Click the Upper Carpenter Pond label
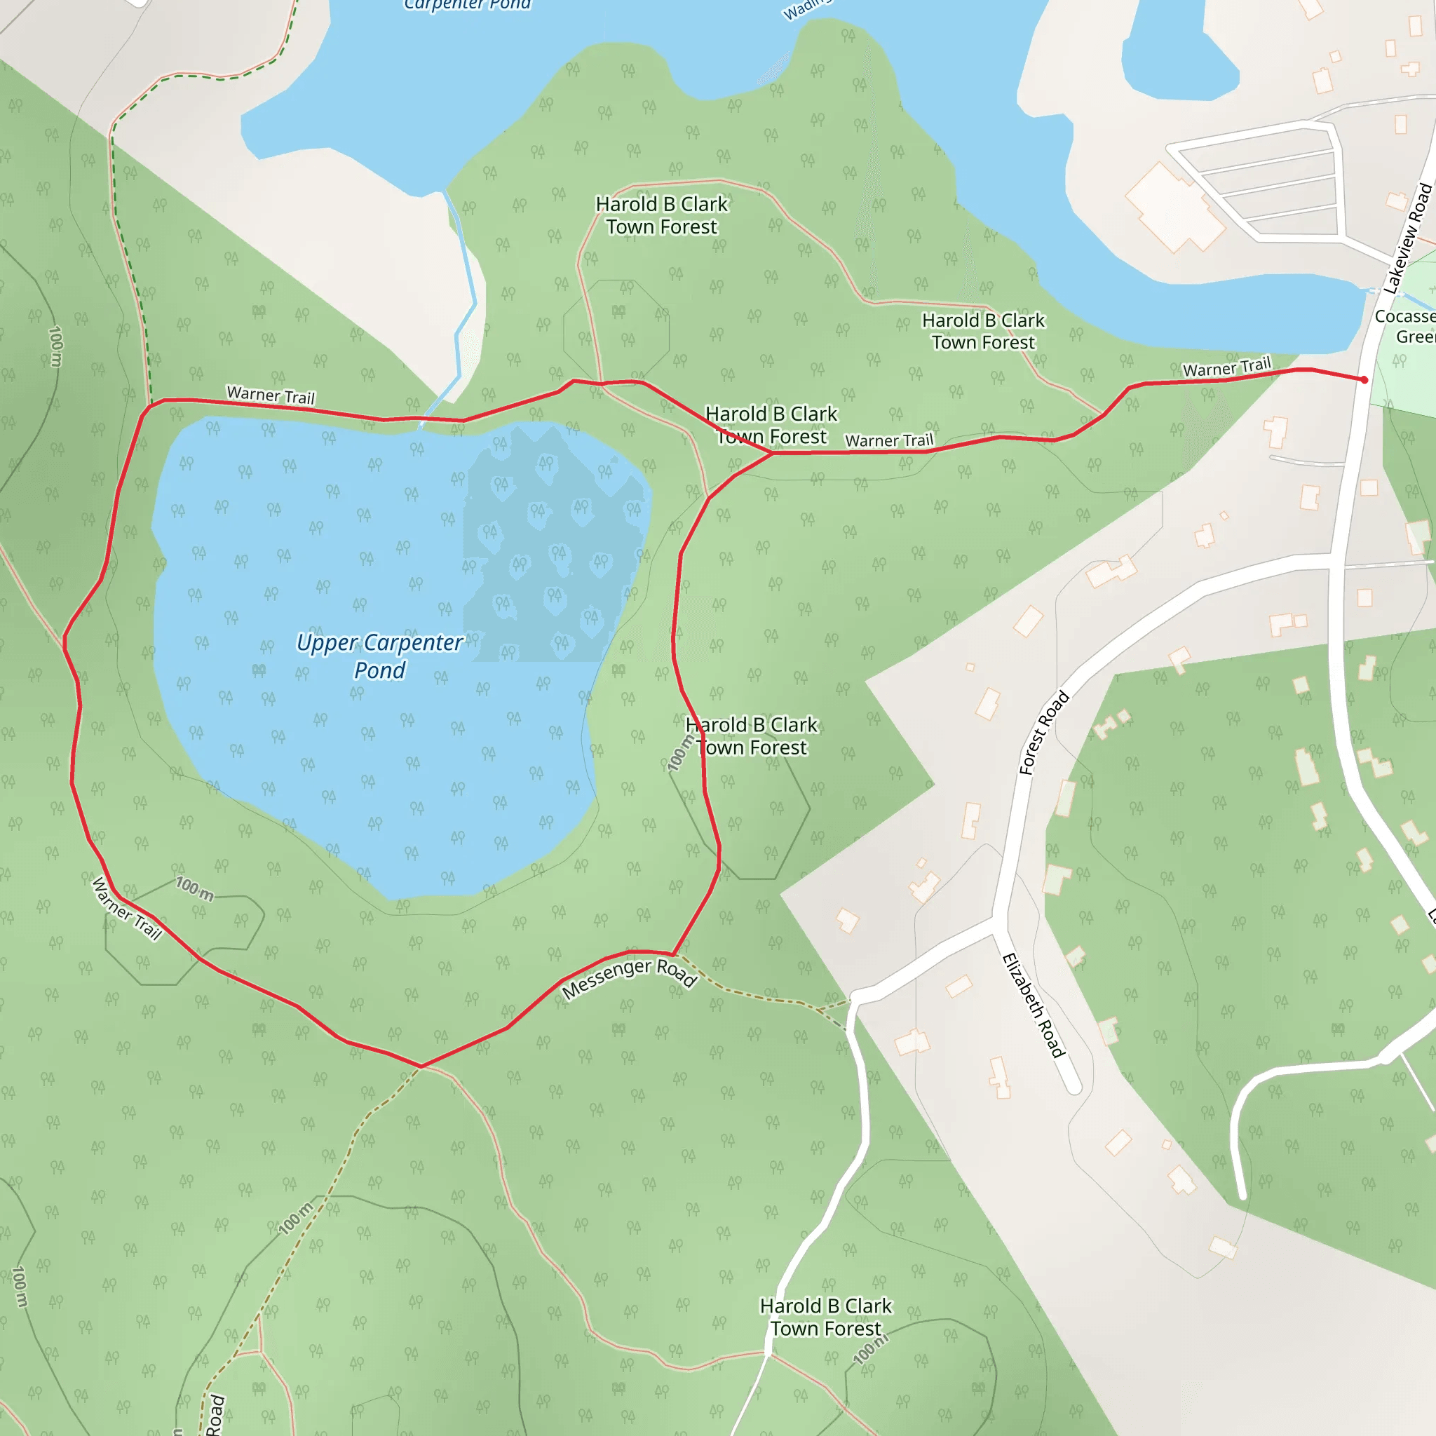[x=379, y=656]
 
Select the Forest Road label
[x=1043, y=733]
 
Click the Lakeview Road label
[x=1407, y=238]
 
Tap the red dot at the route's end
[x=1364, y=380]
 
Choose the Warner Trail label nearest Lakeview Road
[x=1226, y=367]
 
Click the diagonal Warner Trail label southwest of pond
[x=126, y=908]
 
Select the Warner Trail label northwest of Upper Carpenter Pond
[x=271, y=395]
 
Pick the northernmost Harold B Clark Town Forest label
[x=661, y=215]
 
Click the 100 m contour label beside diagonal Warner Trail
[x=195, y=888]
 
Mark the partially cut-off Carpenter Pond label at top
[x=468, y=5]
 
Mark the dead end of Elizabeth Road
[x=1073, y=1088]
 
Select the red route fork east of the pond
[x=772, y=453]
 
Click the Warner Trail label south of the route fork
[x=889, y=441]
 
